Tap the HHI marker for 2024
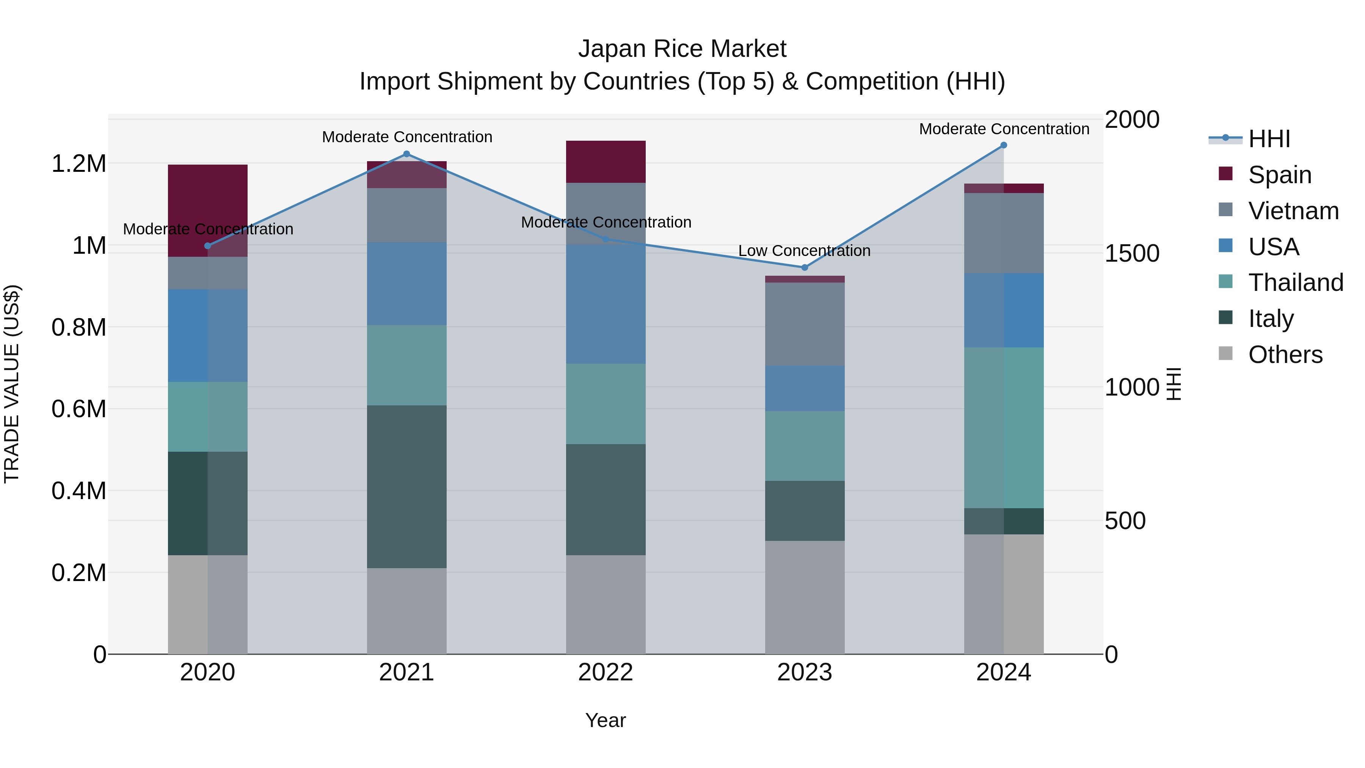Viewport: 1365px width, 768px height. [1004, 145]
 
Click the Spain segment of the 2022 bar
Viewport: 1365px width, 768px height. [606, 162]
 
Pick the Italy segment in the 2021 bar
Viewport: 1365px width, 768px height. [406, 487]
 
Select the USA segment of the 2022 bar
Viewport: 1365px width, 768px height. [606, 304]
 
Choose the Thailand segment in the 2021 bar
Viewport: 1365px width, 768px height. [406, 365]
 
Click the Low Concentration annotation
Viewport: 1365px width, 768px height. [804, 251]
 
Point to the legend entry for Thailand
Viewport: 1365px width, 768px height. [1295, 283]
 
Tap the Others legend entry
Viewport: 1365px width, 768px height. [1285, 355]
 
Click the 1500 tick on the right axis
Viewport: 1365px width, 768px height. [1132, 253]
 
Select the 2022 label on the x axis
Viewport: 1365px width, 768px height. [606, 672]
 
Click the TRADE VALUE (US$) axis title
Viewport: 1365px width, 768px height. [12, 384]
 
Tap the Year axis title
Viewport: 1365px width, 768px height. [606, 720]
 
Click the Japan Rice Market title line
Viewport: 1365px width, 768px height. [682, 49]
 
